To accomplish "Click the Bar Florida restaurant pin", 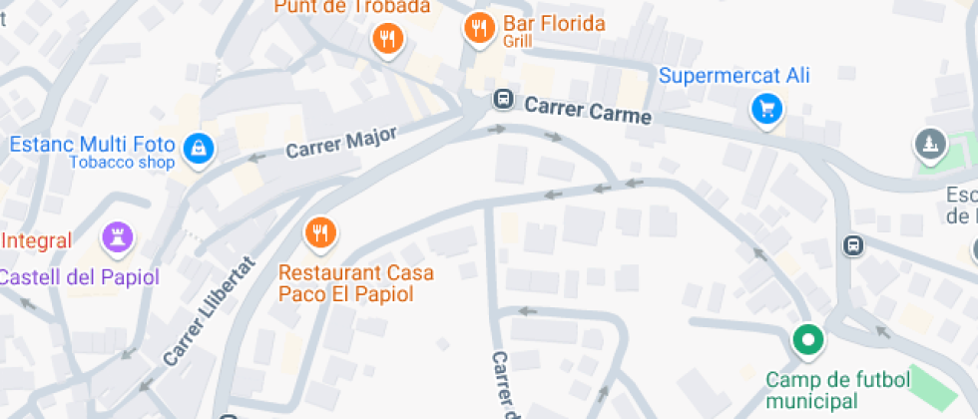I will point(480,29).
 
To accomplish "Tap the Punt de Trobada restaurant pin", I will point(386,39).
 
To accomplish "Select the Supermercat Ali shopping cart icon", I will point(766,109).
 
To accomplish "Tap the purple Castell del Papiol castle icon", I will point(118,238).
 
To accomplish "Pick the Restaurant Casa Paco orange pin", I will point(320,232).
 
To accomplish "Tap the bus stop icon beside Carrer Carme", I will point(504,100).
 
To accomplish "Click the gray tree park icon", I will point(931,145).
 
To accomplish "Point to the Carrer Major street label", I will point(341,142).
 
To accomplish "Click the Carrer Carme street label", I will point(587,110).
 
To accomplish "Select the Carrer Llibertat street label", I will point(210,311).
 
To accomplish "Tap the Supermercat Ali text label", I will point(733,76).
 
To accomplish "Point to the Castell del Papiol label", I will point(78,277).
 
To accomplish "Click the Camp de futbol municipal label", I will point(838,390).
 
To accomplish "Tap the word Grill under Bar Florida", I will point(518,42).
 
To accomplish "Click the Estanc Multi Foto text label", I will point(92,144).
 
